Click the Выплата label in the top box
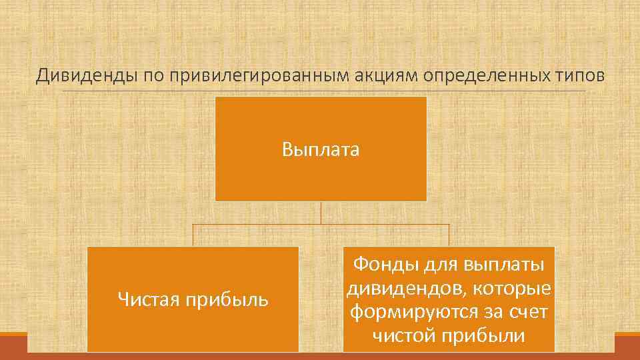coord(321,149)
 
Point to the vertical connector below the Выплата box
coord(321,213)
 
